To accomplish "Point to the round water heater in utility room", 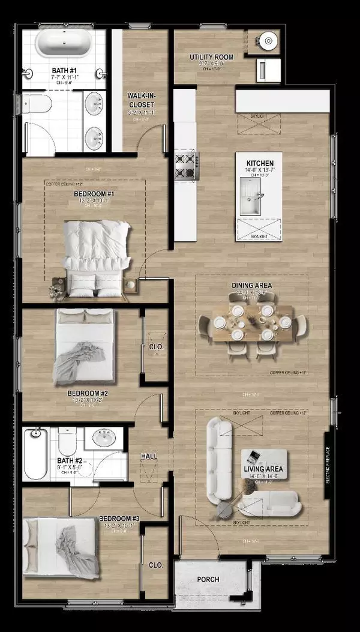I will click(x=268, y=41).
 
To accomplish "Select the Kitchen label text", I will click(x=260, y=163).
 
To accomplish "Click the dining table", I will click(x=253, y=324).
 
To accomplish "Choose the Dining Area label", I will click(x=252, y=285).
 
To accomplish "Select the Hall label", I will click(x=149, y=457).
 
